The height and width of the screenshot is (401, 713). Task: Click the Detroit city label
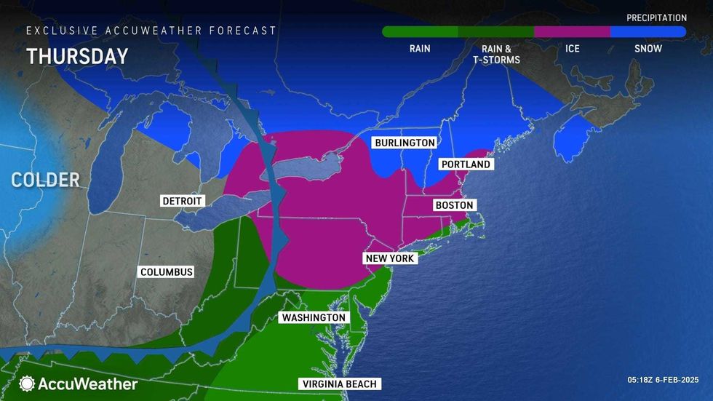point(183,201)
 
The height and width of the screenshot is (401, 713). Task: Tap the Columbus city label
point(167,271)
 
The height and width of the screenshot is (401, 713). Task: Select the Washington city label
point(313,318)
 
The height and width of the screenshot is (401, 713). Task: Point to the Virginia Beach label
point(340,384)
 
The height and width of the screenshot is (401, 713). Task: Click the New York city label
point(390,258)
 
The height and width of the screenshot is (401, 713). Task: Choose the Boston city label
point(454,205)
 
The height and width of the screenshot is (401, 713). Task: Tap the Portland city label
point(466,164)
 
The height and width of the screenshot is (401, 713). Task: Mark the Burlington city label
point(405,143)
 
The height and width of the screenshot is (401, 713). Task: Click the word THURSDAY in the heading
point(77,57)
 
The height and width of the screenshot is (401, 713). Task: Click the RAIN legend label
point(420,49)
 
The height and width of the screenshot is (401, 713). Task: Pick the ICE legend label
point(572,49)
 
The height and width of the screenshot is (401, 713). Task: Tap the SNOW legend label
point(648,49)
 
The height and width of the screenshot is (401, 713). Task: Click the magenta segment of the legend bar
point(572,32)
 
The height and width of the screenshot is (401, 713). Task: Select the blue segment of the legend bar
point(648,32)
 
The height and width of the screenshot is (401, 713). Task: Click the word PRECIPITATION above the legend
point(656,17)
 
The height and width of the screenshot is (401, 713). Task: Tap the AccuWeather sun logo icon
point(28,384)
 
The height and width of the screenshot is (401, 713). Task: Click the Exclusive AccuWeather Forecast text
point(151,31)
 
